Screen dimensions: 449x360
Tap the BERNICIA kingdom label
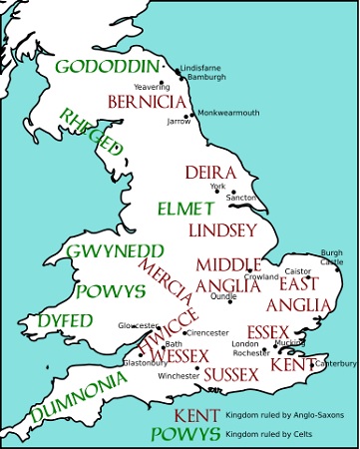point(147,101)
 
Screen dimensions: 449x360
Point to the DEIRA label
point(209,173)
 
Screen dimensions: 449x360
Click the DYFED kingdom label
point(66,320)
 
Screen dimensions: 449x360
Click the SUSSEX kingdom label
point(232,374)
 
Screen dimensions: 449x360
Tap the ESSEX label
point(267,330)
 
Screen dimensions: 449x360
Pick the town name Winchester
point(180,376)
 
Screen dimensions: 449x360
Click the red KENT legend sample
point(197,415)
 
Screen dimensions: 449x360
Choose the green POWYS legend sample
point(185,435)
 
